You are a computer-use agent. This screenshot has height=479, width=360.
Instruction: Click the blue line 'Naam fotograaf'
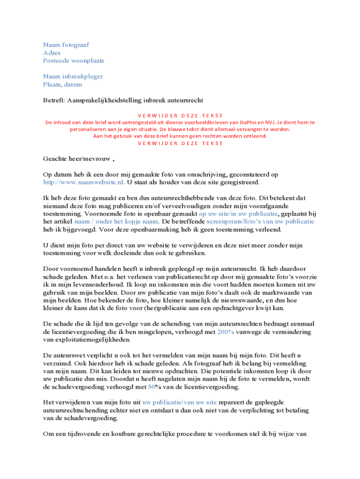pyautogui.click(x=66, y=45)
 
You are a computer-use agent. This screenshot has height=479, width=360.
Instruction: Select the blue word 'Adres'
pyautogui.click(x=52, y=53)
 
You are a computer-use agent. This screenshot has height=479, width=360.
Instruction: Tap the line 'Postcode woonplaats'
pyautogui.click(x=73, y=61)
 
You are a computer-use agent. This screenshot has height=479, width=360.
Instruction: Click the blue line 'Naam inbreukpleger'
pyautogui.click(x=73, y=77)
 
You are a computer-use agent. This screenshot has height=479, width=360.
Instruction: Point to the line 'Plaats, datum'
pyautogui.click(x=63, y=85)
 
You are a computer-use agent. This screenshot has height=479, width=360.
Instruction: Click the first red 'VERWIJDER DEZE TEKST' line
pyautogui.click(x=180, y=115)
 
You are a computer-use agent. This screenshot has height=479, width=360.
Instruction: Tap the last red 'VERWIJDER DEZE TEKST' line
pyautogui.click(x=180, y=143)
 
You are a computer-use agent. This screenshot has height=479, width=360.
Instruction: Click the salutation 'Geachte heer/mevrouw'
pyautogui.click(x=77, y=159)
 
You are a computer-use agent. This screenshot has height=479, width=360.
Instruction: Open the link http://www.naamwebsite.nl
pyautogui.click(x=83, y=182)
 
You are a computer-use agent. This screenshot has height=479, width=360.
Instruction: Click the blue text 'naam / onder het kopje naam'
pyautogui.click(x=116, y=222)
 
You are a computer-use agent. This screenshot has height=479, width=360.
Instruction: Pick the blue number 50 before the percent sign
pyautogui.click(x=151, y=387)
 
